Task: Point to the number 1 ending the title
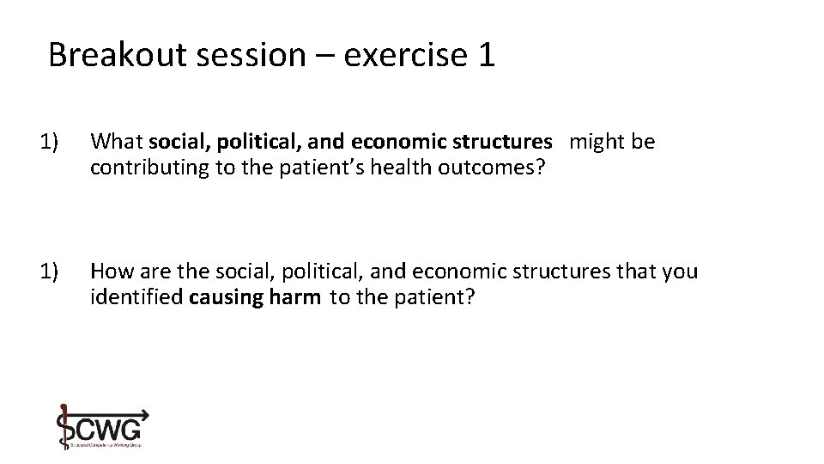coord(485,55)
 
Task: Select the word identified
coord(137,297)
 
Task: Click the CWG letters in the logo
coord(109,427)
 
